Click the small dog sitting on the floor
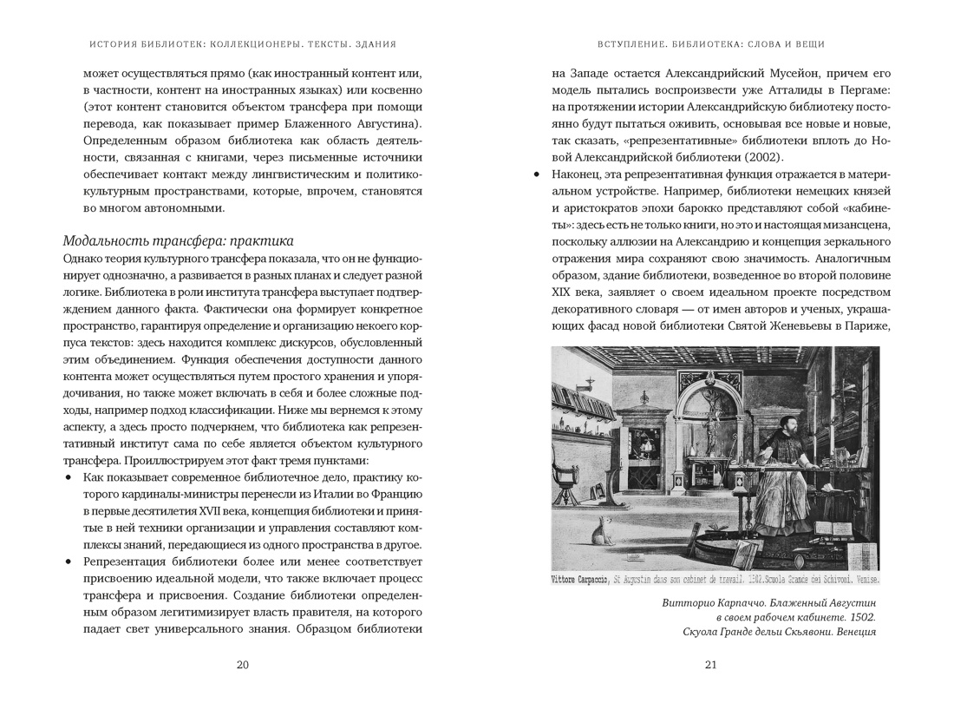pyautogui.click(x=598, y=529)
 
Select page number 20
pyautogui.click(x=243, y=665)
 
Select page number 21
pyautogui.click(x=711, y=665)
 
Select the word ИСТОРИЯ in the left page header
pyautogui.click(x=114, y=44)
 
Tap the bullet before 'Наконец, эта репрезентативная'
pyautogui.click(x=537, y=174)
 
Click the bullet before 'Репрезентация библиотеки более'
pyautogui.click(x=69, y=562)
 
